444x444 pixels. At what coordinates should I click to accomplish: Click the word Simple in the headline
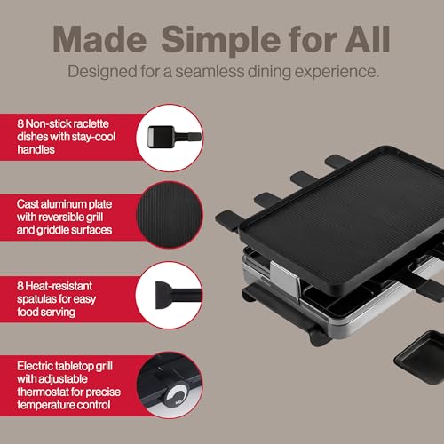pos(220,41)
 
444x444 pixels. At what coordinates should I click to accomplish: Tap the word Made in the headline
pos(99,39)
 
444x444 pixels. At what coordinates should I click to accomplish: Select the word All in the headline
pos(368,39)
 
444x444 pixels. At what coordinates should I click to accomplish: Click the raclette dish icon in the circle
pos(175,137)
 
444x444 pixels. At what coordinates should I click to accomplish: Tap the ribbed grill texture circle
pos(170,215)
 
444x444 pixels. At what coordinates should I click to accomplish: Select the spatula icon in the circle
pos(178,295)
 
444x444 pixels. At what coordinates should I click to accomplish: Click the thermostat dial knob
pos(177,397)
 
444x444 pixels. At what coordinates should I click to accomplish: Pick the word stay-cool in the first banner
pos(93,137)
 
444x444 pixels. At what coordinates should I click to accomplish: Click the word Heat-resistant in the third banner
pos(59,286)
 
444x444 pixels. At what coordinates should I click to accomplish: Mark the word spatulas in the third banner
pos(36,299)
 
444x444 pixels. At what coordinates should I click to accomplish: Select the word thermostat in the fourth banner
pos(43,392)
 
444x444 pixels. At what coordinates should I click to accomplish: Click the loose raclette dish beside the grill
pos(420,357)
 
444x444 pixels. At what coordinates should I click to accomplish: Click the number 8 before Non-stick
pos(20,123)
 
